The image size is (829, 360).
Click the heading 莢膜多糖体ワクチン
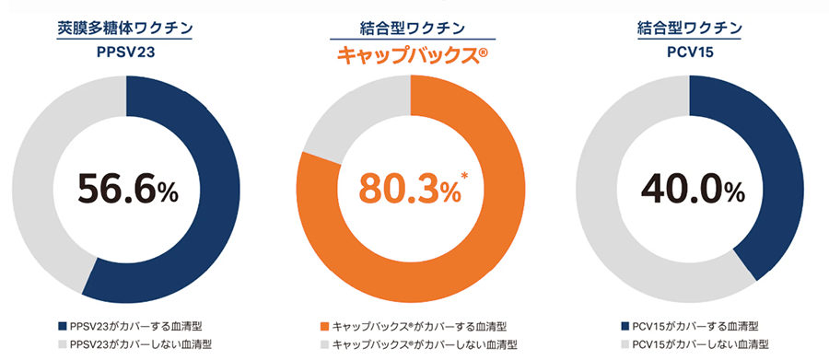pos(126,28)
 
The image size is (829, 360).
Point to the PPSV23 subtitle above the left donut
pos(126,53)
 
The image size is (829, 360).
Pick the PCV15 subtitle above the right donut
pos(690,53)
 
